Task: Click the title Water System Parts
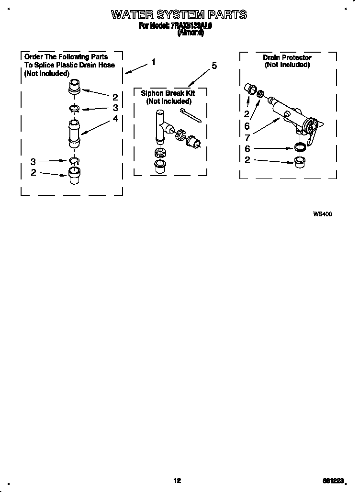[x=179, y=15]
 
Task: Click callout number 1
[x=153, y=62]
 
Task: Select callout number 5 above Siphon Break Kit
[x=214, y=66]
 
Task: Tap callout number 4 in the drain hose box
[x=115, y=118]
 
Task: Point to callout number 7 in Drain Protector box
[x=247, y=137]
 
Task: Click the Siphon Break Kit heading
[x=168, y=93]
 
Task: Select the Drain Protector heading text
[x=287, y=57]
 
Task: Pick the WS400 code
[x=322, y=214]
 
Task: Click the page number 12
[x=177, y=481]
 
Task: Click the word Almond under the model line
[x=191, y=33]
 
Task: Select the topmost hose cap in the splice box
[x=75, y=87]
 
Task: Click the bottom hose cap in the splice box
[x=74, y=176]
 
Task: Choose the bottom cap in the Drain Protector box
[x=300, y=160]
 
